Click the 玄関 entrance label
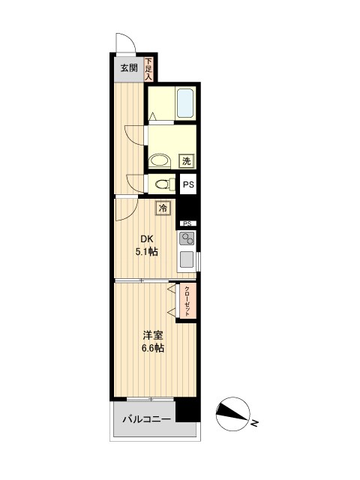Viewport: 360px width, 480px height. coord(128,67)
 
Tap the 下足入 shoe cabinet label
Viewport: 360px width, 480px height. coord(148,69)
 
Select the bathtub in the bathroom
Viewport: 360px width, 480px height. coord(184,103)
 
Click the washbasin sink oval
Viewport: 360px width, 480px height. coord(158,160)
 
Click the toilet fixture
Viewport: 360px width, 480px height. coord(161,184)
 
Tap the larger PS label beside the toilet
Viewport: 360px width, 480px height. coord(188,183)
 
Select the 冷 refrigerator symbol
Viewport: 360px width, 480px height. coord(163,209)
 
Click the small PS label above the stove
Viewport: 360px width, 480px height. coord(187,223)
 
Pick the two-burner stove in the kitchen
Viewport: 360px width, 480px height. coord(187,239)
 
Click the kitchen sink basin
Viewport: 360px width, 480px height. coord(187,261)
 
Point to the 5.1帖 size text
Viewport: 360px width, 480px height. coord(147,252)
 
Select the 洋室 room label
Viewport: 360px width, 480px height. coord(152,336)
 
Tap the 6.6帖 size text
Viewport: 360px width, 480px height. coord(152,349)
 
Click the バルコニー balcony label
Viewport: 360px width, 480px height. coord(147,419)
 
